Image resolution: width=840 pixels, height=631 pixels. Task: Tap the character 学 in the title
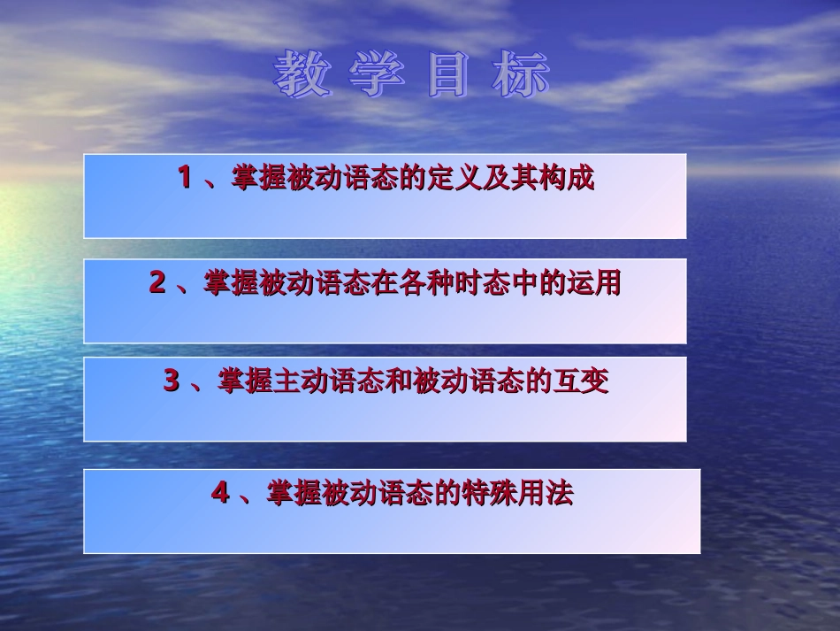(376, 75)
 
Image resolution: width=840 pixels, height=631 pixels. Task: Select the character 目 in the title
(448, 75)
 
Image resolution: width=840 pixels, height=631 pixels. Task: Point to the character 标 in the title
(521, 75)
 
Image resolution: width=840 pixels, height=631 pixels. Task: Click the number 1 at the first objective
(185, 178)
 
